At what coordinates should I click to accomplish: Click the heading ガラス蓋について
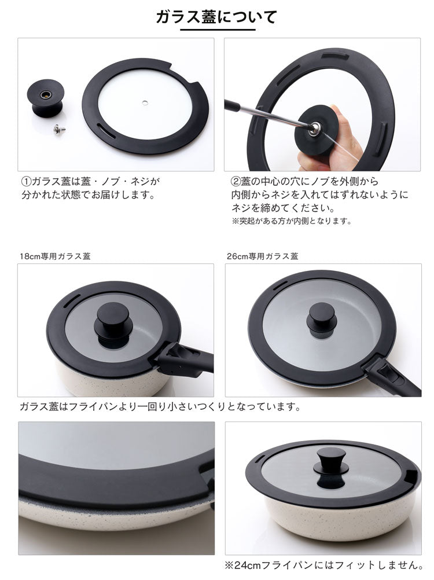pyautogui.click(x=216, y=17)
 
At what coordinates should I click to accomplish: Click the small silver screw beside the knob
pyautogui.click(x=59, y=129)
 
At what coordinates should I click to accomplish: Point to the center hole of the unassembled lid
pyautogui.click(x=145, y=101)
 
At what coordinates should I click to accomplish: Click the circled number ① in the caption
pyautogui.click(x=26, y=182)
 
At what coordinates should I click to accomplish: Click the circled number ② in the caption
pyautogui.click(x=236, y=182)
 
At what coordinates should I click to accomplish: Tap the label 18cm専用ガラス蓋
pyautogui.click(x=55, y=256)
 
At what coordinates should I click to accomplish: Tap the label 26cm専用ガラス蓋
pyautogui.click(x=263, y=256)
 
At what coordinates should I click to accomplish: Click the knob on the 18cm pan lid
pyautogui.click(x=113, y=321)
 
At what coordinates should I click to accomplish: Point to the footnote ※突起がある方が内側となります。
pyautogui.click(x=291, y=221)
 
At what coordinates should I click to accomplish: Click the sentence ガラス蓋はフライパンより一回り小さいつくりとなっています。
pyautogui.click(x=160, y=407)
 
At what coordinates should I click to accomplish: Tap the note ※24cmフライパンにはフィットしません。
pyautogui.click(x=324, y=565)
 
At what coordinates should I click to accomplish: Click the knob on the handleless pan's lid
pyautogui.click(x=331, y=464)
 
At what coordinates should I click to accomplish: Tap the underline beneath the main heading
pyautogui.click(x=218, y=29)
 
